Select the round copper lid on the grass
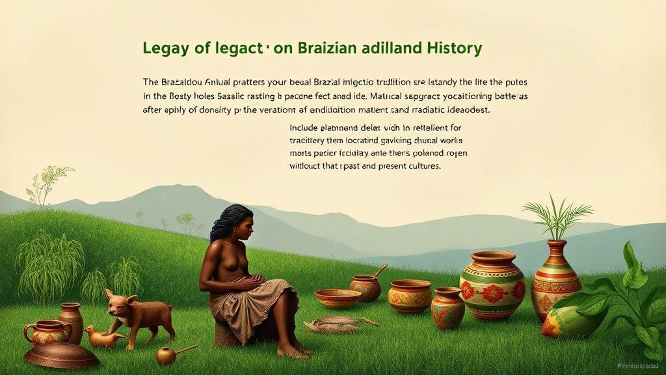[x=61, y=355]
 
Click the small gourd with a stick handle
[x=167, y=355]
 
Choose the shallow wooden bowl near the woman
[x=338, y=298]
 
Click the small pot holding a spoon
[x=366, y=286]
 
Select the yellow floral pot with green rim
[x=410, y=296]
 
